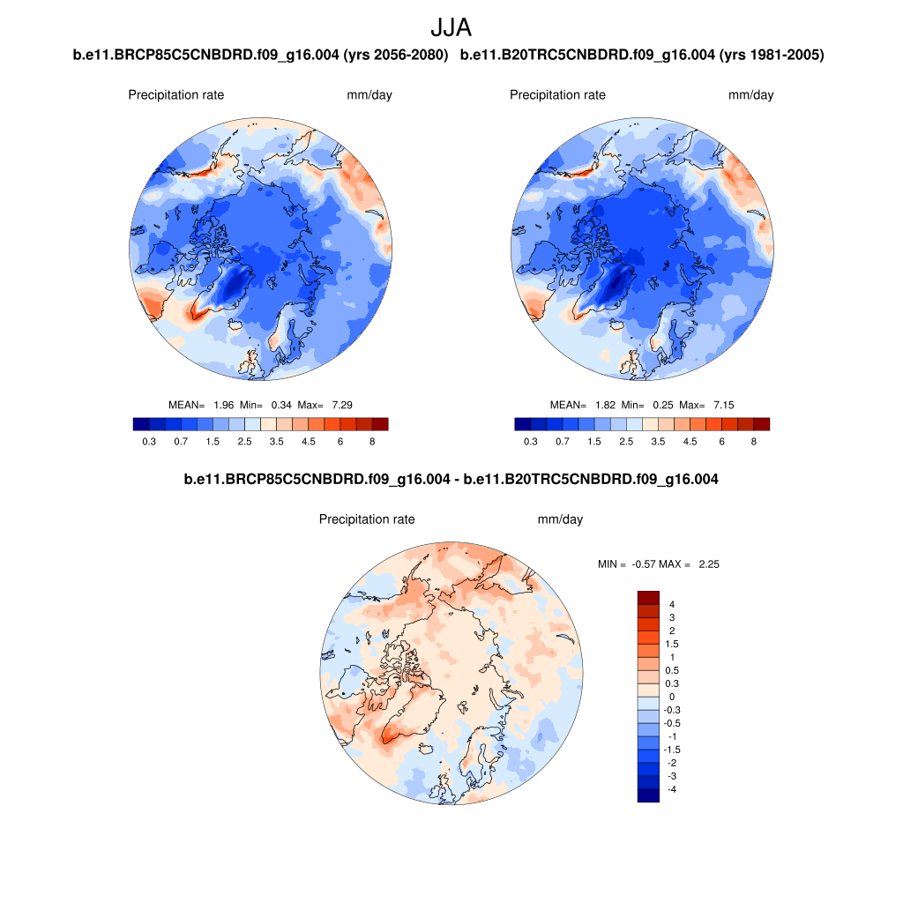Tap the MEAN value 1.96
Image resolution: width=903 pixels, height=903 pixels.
[x=223, y=405]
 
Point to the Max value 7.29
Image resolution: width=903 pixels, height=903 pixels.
[x=341, y=405]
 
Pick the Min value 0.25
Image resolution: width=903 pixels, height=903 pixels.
[x=664, y=405]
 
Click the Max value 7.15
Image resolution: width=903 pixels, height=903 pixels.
[x=723, y=405]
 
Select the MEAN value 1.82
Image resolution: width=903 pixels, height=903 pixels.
[x=605, y=405]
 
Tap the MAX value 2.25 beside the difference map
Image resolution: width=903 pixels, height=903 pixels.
[x=708, y=563]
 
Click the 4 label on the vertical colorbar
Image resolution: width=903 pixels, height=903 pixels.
[x=672, y=604]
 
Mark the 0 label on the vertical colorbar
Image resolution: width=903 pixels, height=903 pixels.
[x=672, y=697]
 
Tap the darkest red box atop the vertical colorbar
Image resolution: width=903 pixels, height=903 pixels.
[x=648, y=597]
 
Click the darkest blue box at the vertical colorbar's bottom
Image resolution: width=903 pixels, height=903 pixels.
[x=648, y=795]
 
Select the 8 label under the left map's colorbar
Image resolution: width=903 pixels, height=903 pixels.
[x=372, y=441]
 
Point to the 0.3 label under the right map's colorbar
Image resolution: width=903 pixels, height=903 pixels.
[x=530, y=441]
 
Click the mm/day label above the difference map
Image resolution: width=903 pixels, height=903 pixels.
[x=560, y=519]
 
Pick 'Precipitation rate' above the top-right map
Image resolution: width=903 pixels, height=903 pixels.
[x=557, y=94]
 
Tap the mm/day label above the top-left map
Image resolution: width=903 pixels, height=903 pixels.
[x=369, y=94]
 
